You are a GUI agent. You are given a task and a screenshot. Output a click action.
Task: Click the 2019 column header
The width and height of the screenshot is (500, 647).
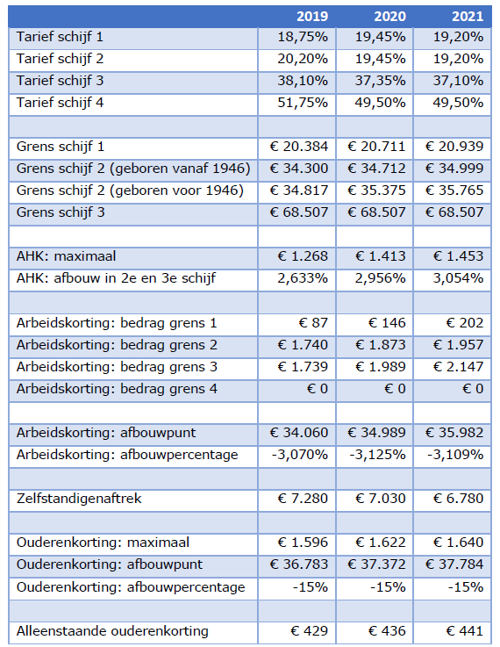312,16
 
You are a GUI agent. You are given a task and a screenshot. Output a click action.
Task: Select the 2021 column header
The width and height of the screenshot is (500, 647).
468,16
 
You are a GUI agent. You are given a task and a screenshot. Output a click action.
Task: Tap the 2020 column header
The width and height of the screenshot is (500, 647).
390,16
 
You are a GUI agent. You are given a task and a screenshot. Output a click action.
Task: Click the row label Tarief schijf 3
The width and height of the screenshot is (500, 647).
60,81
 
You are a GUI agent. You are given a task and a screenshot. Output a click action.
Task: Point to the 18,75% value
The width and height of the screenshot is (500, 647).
303,37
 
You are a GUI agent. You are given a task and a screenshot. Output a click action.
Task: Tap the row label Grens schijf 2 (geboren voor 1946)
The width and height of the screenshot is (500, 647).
130,191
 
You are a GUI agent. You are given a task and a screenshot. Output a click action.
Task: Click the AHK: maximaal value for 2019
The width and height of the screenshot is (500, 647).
303,256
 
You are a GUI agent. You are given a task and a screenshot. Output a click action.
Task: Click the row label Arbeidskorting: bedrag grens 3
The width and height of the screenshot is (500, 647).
117,367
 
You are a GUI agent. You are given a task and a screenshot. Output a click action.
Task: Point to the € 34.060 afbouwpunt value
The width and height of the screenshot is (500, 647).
299,433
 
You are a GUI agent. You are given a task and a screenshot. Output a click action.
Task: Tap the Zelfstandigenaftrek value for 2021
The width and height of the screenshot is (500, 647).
459,499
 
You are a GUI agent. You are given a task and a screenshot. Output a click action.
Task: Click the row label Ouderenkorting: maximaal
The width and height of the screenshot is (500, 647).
103,543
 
